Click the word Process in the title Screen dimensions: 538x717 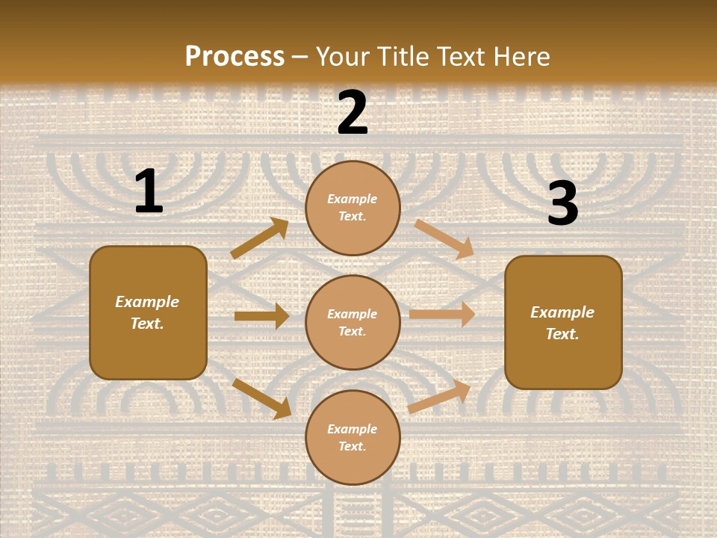click(x=235, y=56)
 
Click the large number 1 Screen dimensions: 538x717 click(x=149, y=192)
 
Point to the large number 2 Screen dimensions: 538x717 click(x=353, y=113)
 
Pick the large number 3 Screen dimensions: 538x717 click(x=562, y=203)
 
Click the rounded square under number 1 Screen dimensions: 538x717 click(x=148, y=312)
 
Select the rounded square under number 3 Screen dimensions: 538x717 click(x=563, y=322)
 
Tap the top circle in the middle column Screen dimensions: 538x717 click(x=353, y=208)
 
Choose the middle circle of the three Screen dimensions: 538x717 click(x=353, y=322)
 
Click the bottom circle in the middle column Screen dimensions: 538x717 click(x=353, y=437)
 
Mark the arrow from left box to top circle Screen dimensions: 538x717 click(x=259, y=238)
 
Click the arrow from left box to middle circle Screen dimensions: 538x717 click(x=261, y=316)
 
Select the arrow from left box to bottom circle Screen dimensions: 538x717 click(x=261, y=398)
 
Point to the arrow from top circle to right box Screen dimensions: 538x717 click(x=444, y=238)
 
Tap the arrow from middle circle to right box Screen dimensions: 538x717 click(x=442, y=315)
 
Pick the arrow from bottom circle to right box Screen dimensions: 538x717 click(x=439, y=397)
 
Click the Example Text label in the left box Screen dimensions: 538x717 click(x=147, y=312)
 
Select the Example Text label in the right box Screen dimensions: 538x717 click(x=562, y=323)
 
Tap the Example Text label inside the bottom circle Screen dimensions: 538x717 click(x=353, y=438)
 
